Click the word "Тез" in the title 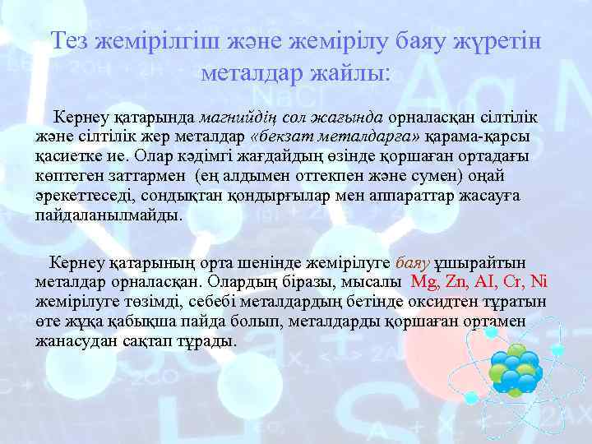72,42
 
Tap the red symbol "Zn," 457,282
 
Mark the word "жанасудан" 72,340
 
